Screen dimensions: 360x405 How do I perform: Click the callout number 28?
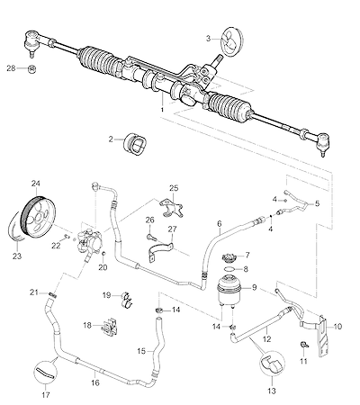click(x=11, y=68)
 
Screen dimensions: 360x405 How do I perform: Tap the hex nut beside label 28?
click(x=31, y=69)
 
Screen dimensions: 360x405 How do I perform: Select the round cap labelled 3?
click(x=232, y=40)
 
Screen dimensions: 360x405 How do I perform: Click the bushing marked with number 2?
click(x=136, y=144)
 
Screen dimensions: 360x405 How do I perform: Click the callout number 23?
click(x=17, y=256)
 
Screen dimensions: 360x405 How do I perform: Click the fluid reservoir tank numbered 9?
click(x=229, y=291)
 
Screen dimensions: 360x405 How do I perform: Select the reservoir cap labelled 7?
click(x=229, y=258)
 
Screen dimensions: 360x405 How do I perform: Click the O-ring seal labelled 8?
click(x=229, y=269)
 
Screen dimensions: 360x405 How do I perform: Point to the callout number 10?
click(x=337, y=327)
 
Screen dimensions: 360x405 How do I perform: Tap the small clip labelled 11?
click(x=304, y=345)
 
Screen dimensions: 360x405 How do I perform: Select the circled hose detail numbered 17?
click(x=46, y=372)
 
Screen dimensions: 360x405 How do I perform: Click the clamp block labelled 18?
click(x=109, y=327)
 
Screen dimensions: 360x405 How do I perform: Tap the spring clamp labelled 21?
click(x=52, y=294)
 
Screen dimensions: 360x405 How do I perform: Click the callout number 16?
click(x=95, y=383)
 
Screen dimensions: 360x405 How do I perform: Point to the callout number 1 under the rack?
click(x=162, y=110)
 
